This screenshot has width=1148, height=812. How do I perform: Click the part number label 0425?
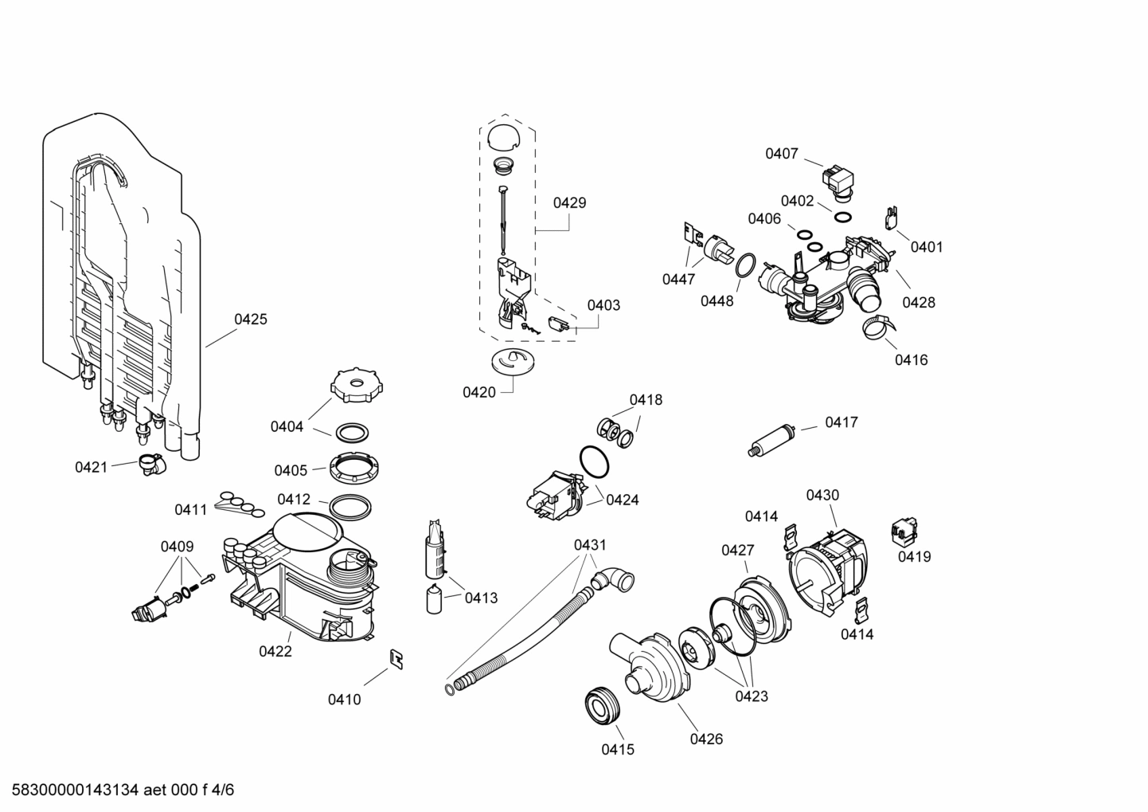click(x=251, y=320)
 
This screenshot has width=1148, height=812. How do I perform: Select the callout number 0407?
click(x=781, y=154)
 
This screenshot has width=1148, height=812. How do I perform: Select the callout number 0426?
click(x=706, y=739)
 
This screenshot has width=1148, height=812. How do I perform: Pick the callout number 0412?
click(x=294, y=500)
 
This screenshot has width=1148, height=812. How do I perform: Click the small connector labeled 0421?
click(x=150, y=464)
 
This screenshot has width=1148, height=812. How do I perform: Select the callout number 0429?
click(x=569, y=202)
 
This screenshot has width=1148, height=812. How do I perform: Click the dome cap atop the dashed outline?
click(x=502, y=135)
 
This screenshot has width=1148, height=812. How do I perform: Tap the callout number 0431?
click(x=590, y=545)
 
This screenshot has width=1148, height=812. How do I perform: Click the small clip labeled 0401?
click(x=892, y=218)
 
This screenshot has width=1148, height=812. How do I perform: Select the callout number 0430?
click(x=822, y=495)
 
